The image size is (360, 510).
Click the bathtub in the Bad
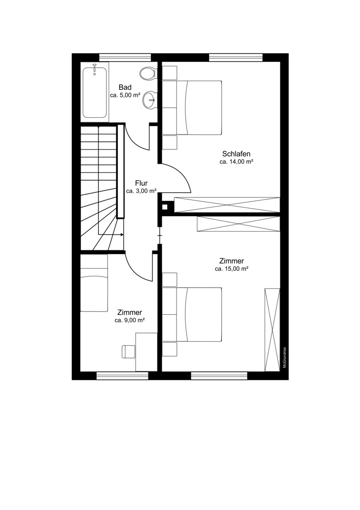[x=94, y=92]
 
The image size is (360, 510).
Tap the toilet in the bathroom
[x=148, y=73]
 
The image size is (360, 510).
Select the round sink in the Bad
[x=149, y=99]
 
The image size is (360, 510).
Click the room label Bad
[x=125, y=87]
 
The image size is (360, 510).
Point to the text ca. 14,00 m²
[x=237, y=162]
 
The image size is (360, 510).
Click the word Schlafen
[x=237, y=154]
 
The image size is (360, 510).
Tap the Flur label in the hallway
[x=141, y=184]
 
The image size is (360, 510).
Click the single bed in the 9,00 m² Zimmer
[x=94, y=283]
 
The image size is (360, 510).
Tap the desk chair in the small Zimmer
[x=128, y=351]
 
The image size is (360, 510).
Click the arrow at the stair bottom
[x=111, y=234]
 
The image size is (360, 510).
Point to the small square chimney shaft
[x=165, y=207]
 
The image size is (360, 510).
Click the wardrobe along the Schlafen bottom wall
[x=227, y=205]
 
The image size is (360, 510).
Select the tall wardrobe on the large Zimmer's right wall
[x=272, y=329]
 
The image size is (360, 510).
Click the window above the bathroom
[x=125, y=58]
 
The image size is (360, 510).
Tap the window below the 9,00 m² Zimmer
[x=122, y=376]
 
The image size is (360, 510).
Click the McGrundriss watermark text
[x=284, y=357]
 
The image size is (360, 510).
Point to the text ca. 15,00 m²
[x=232, y=269]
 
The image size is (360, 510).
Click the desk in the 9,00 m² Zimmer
[x=146, y=351]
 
